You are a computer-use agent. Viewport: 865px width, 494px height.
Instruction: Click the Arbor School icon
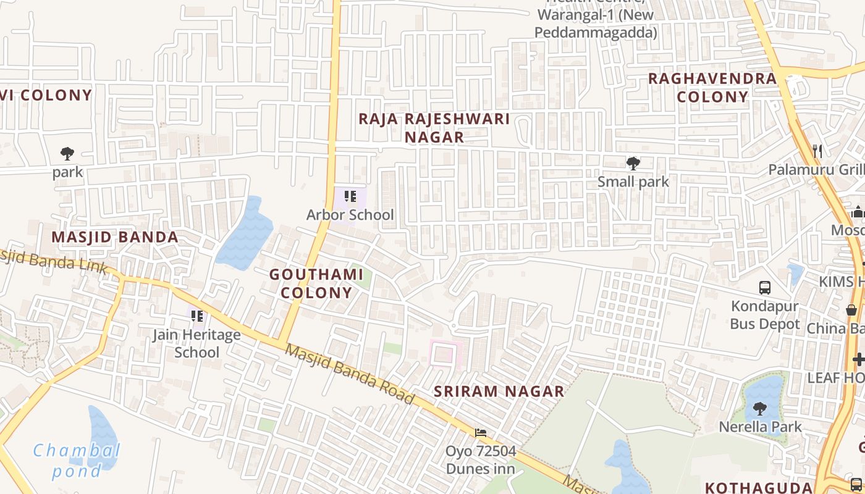(x=350, y=197)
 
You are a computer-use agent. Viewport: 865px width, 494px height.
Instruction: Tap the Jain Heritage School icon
(x=197, y=317)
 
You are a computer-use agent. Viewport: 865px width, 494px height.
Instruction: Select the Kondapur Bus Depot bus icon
(x=765, y=287)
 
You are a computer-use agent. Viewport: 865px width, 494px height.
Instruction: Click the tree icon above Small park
(x=633, y=164)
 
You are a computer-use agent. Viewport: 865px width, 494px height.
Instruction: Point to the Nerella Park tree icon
(x=760, y=408)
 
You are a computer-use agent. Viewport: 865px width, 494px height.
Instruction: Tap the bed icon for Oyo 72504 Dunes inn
(x=481, y=433)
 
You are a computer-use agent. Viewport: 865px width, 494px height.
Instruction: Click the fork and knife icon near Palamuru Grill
(x=817, y=150)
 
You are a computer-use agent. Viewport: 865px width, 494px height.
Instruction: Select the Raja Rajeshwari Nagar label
(x=434, y=128)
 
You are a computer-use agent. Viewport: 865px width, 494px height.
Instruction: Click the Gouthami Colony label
(x=316, y=283)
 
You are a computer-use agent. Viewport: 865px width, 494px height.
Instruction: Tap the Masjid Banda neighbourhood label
(x=115, y=237)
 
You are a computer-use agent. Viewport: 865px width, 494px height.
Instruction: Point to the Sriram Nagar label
(x=499, y=391)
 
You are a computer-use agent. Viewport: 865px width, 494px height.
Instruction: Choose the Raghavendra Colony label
(x=712, y=88)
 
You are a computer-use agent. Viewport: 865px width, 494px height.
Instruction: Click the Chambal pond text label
(x=77, y=461)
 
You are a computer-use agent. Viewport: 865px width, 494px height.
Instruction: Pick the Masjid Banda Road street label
(x=350, y=374)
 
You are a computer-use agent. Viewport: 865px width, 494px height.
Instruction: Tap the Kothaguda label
(x=758, y=487)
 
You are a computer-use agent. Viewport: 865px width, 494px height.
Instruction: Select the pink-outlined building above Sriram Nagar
(x=445, y=355)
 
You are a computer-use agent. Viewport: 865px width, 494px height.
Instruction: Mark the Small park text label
(x=633, y=182)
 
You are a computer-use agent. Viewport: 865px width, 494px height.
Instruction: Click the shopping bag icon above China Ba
(x=851, y=310)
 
